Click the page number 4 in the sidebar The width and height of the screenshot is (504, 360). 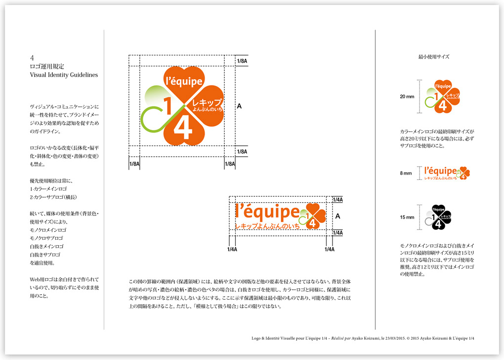32,57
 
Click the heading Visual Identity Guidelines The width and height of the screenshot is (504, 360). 64,75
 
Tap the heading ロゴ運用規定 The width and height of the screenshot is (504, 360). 47,66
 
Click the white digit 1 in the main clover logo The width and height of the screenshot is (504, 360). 167,107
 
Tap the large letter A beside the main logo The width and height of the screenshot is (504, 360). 239,106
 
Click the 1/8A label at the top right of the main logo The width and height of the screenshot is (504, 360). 242,61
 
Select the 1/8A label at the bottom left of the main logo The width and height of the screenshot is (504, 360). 134,164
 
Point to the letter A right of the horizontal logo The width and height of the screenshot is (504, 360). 337,216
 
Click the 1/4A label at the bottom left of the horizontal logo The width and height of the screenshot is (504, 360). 232,250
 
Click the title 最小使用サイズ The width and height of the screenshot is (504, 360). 433,57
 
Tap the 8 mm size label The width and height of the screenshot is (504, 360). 406,173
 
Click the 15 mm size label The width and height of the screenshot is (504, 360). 407,217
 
